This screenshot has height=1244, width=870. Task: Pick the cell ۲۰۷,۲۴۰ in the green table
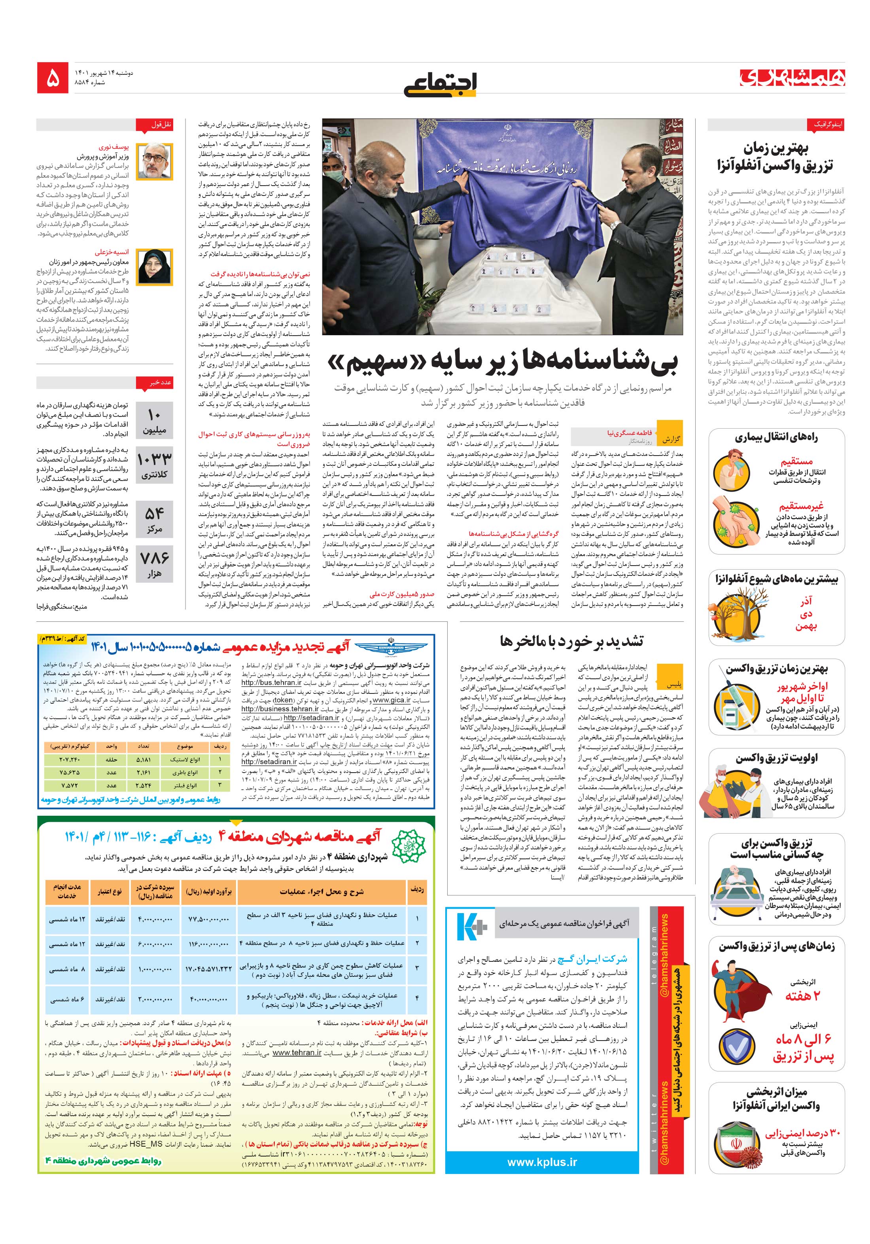[70, 760]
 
